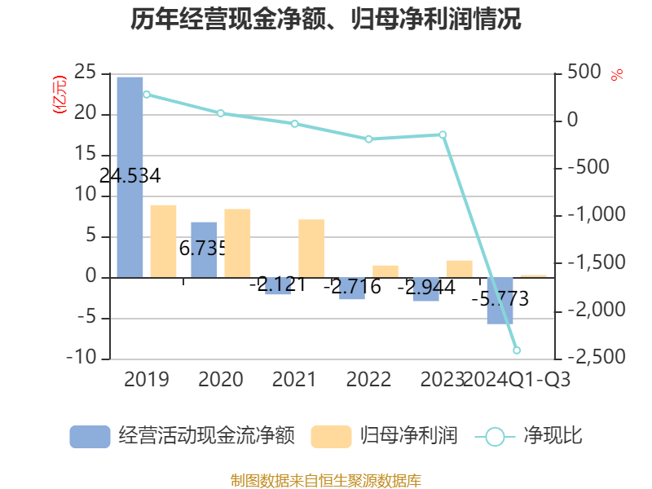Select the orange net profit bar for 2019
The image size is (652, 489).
(x=163, y=241)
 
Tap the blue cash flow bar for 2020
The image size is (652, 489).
(x=205, y=249)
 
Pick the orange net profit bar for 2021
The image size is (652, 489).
(x=311, y=249)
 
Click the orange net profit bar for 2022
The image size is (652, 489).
(x=385, y=271)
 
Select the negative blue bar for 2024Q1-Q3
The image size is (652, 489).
(x=500, y=301)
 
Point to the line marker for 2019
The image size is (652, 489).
(x=147, y=95)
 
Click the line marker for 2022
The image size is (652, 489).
(x=368, y=139)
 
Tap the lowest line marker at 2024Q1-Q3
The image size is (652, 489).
(x=517, y=350)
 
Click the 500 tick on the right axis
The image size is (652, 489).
(x=584, y=73)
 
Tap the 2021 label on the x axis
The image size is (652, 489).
(x=294, y=380)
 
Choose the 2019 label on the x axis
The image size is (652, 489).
(x=147, y=380)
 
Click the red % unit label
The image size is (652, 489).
(x=617, y=75)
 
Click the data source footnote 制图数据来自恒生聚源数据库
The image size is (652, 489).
(x=326, y=480)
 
